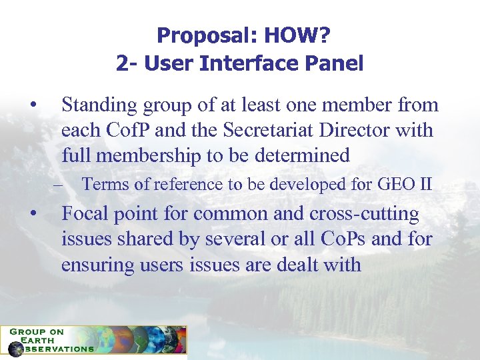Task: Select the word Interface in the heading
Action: [x=237, y=63]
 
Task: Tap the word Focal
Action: [x=87, y=214]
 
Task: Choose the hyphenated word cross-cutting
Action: [x=364, y=214]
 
